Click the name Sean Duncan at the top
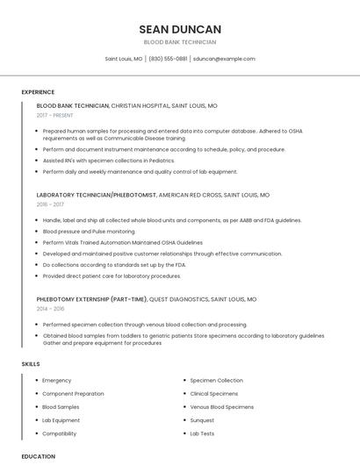coord(180,29)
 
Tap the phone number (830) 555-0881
coord(168,59)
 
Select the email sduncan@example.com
coord(224,59)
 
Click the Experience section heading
coord(38,92)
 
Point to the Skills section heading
coord(31,364)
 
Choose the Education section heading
coord(38,456)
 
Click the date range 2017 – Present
coord(55,115)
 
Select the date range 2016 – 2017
coord(50,204)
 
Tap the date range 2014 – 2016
coord(51,309)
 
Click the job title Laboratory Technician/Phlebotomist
coord(97,195)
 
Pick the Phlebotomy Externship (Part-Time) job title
coord(92,299)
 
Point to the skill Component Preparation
coord(73,394)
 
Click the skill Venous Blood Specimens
coord(221,407)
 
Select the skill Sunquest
coord(202,420)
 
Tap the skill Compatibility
coord(60,433)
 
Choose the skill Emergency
coord(57,381)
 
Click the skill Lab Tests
coord(202,433)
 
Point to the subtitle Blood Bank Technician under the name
coord(180,42)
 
